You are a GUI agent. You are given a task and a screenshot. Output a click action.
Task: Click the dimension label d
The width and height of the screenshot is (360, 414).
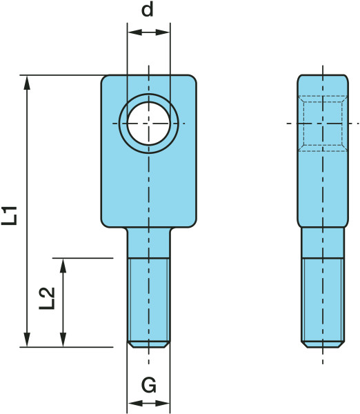148,10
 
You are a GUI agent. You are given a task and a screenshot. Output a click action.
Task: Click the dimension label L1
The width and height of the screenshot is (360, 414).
9,216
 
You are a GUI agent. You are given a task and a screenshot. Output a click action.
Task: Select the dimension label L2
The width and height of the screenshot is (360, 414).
47,298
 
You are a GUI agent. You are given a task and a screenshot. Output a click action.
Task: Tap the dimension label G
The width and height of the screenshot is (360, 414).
149,385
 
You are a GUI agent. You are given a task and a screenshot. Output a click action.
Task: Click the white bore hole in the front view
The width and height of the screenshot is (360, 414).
148,124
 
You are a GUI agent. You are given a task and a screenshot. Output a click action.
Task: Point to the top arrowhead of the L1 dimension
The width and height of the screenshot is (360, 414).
27,82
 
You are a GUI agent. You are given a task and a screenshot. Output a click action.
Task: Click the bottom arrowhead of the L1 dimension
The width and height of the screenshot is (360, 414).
27,340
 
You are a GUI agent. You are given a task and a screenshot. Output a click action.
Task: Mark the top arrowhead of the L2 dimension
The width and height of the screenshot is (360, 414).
63,265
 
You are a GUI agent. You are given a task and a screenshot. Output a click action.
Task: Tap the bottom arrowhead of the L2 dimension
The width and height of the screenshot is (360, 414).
63,340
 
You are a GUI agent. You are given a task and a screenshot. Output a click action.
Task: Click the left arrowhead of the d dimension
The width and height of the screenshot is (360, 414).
134,32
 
